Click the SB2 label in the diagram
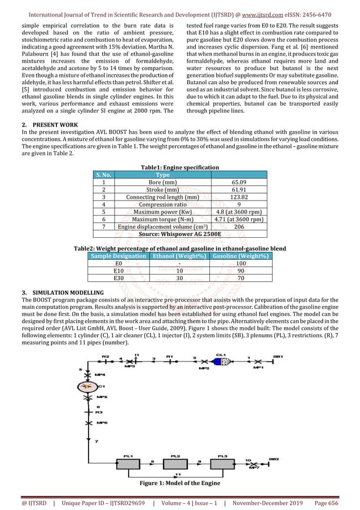point(274,459)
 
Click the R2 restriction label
point(106,357)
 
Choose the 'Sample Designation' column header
point(118,256)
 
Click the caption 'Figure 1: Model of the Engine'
point(179,483)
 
